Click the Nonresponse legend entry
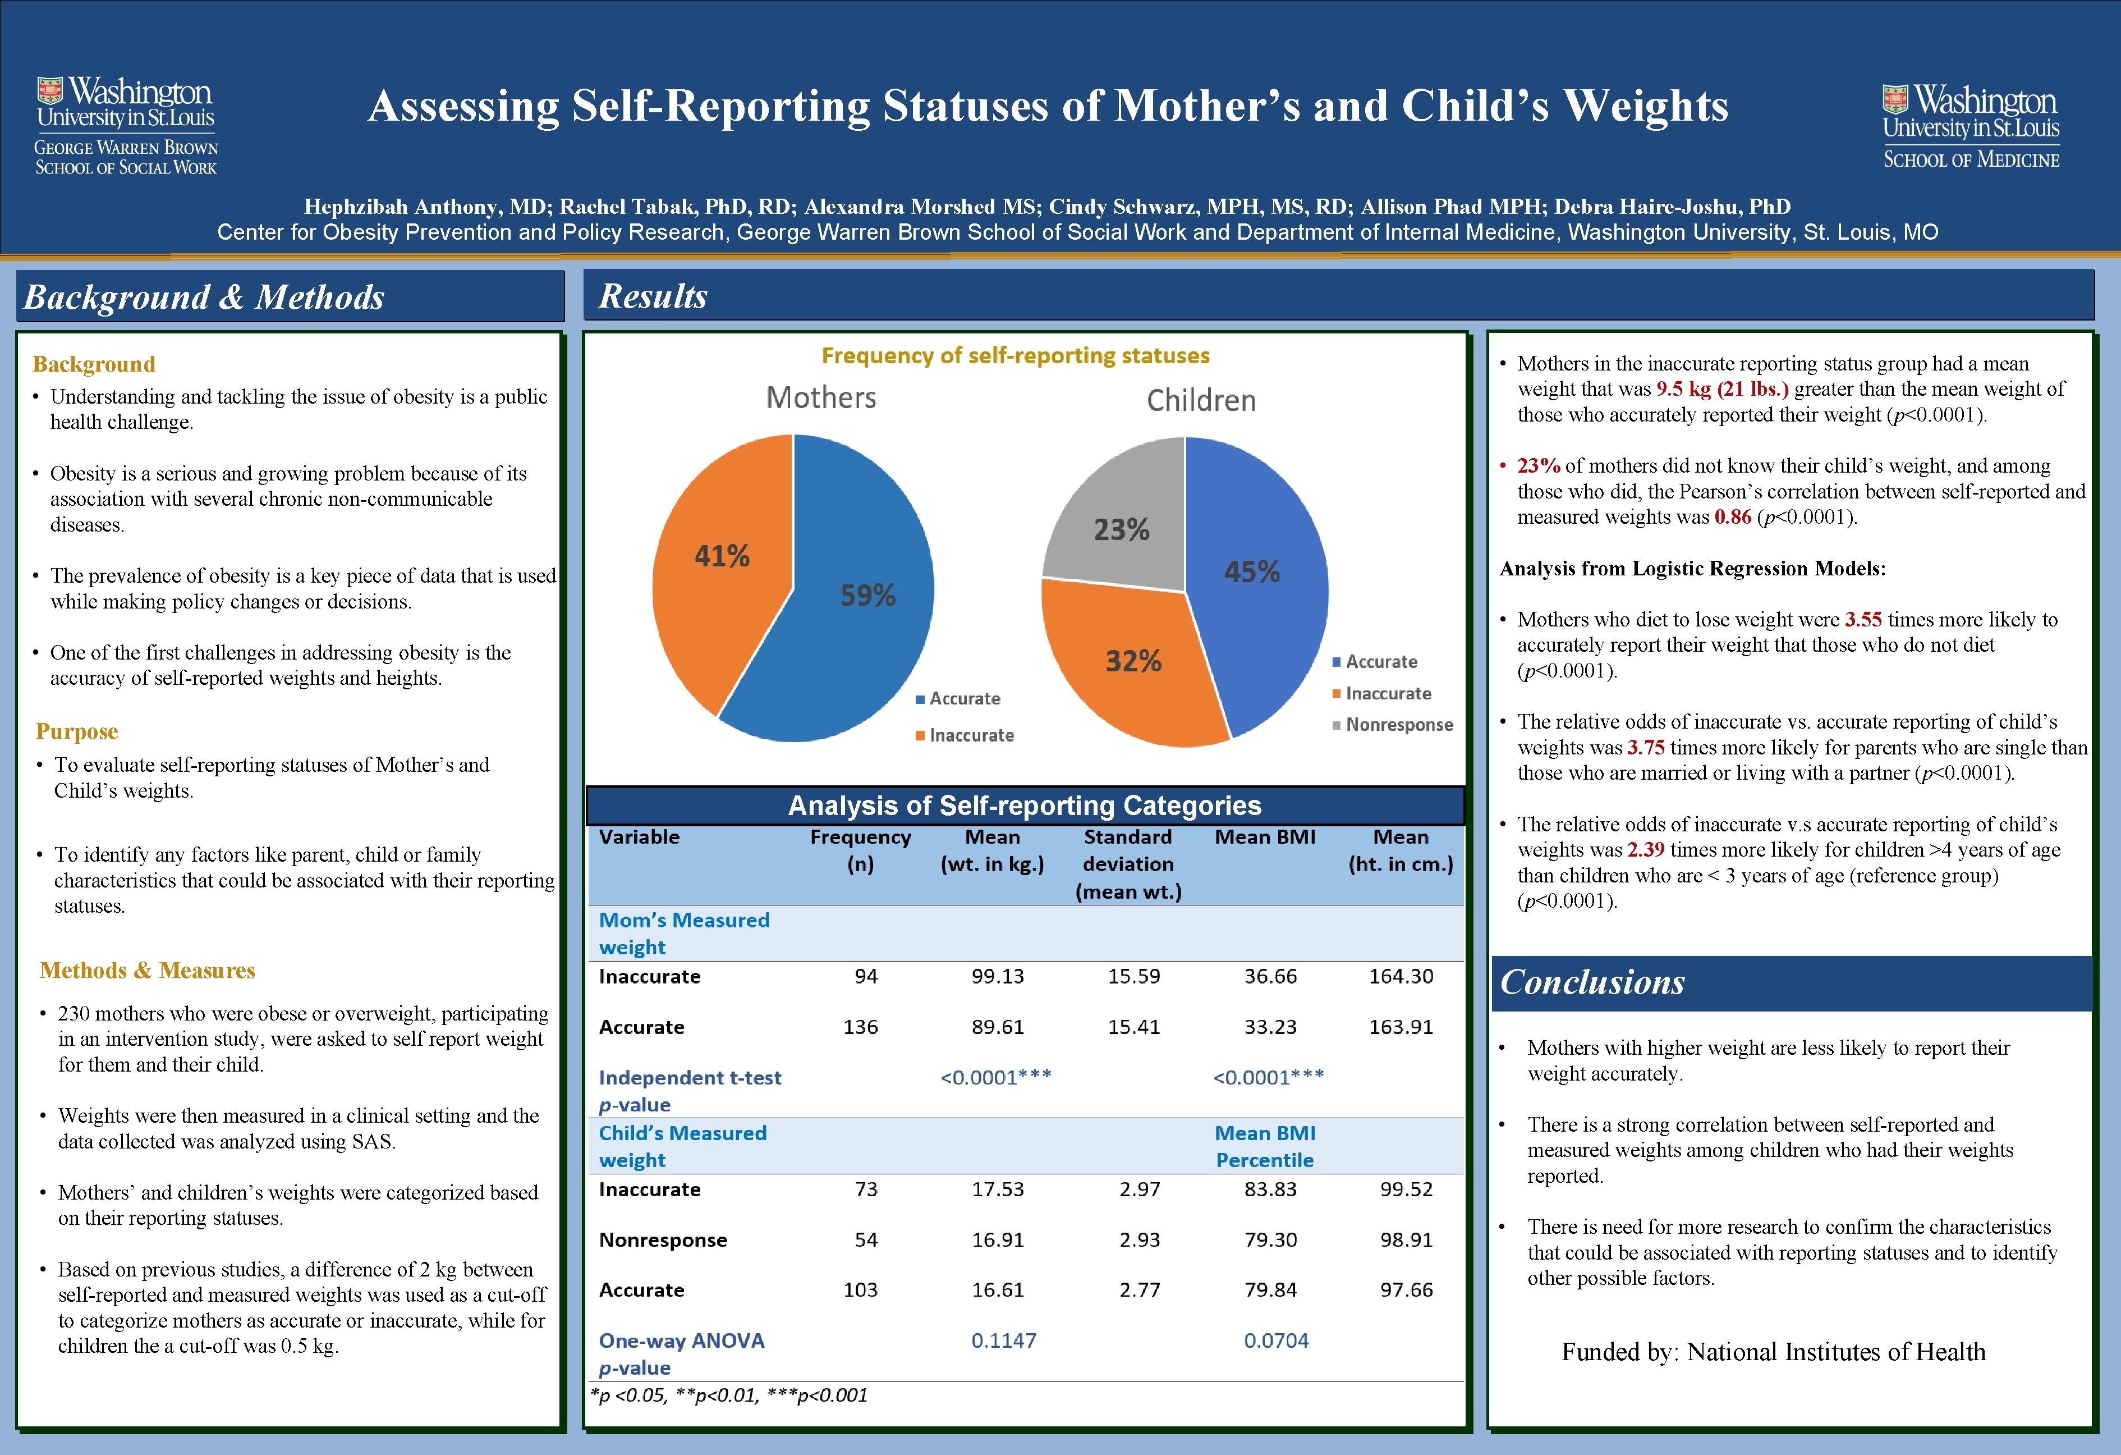(1398, 725)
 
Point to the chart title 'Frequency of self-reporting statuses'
(1015, 356)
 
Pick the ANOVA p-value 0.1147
(1003, 1341)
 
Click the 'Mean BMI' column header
(1264, 837)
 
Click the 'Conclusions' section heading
(1592, 982)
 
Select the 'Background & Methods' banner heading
(204, 298)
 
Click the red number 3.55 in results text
(1862, 620)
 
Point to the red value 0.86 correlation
(1732, 518)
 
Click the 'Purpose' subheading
(77, 732)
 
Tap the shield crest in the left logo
(49, 91)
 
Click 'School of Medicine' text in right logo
(1971, 161)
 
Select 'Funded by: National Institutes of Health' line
(1773, 1352)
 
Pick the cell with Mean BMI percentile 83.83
(1269, 1189)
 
